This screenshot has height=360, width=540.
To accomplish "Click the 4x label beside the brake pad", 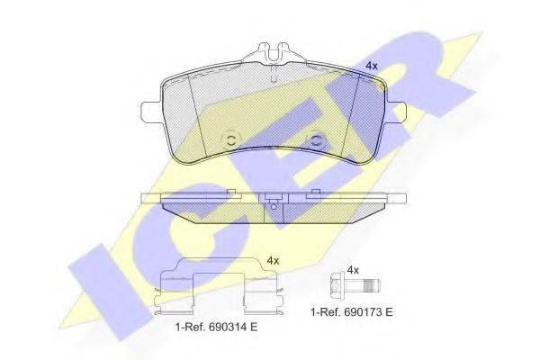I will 371,66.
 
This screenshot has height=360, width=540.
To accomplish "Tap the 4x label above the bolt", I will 353,269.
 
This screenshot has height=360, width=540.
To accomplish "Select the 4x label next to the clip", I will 274,260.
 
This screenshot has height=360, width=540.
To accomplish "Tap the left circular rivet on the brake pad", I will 230,139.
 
